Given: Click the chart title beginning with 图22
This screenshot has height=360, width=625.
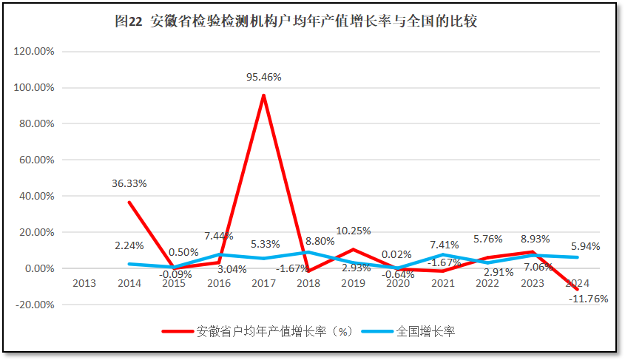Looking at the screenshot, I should [296, 21].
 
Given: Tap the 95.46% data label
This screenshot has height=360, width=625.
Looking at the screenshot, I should [264, 76].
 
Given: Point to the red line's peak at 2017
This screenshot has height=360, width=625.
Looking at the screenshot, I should [263, 95].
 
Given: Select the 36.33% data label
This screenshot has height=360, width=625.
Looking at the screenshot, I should [129, 183].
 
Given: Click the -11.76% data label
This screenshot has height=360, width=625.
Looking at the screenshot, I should [588, 299].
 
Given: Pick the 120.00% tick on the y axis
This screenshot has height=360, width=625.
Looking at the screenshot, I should [36, 52].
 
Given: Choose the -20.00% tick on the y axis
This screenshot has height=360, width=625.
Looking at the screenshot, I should [36, 305].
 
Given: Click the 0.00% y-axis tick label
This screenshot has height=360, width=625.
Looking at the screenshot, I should [38, 268].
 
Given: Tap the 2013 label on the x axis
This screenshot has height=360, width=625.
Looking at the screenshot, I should [84, 283].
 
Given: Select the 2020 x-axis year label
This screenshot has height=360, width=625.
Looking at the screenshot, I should [398, 283].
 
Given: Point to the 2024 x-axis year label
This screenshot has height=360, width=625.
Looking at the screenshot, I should [578, 283].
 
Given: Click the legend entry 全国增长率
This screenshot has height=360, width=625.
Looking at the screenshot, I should [425, 331].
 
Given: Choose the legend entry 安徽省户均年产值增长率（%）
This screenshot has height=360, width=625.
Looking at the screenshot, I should [274, 331].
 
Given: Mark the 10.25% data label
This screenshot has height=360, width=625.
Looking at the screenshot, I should [354, 231].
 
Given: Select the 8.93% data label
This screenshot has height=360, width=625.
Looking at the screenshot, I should [533, 239].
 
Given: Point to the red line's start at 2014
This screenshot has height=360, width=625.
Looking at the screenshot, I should [129, 202].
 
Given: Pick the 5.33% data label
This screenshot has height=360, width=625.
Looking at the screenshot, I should [264, 244].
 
